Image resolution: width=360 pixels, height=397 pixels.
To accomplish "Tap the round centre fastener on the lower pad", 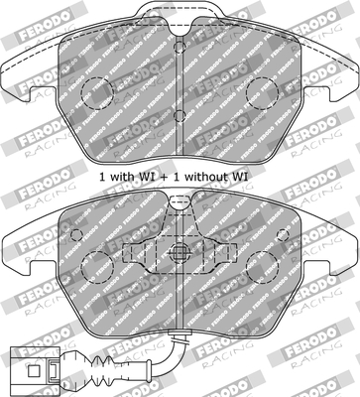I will [x=180, y=251].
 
